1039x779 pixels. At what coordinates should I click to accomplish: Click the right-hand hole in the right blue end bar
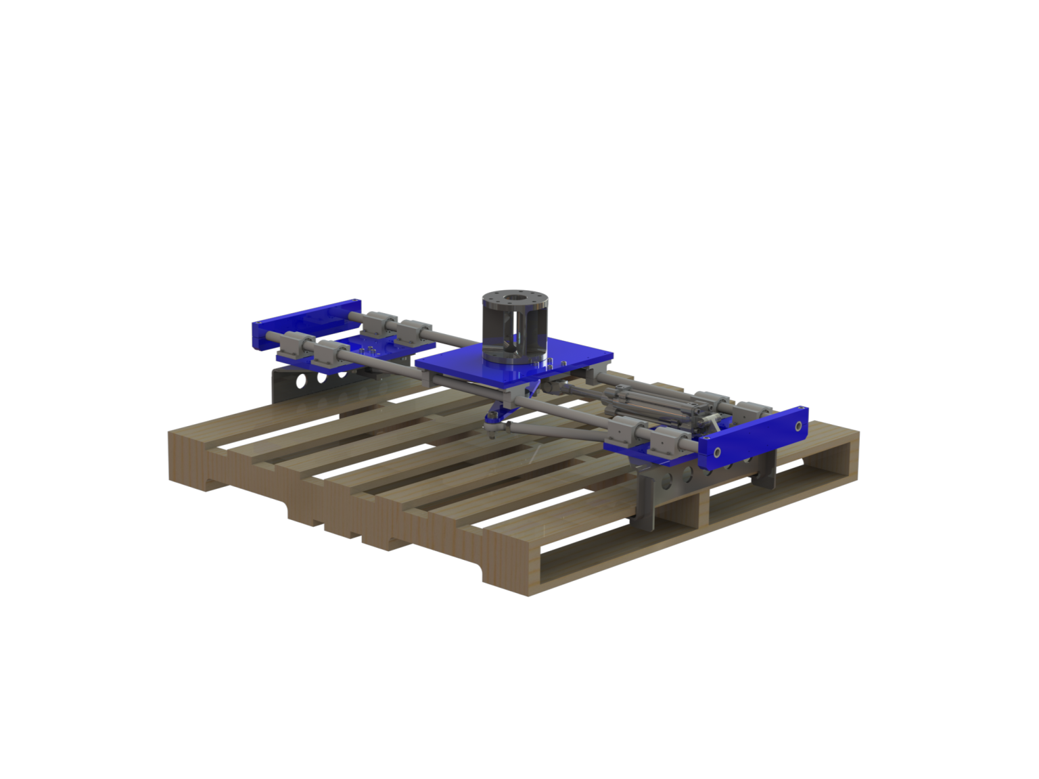click(798, 426)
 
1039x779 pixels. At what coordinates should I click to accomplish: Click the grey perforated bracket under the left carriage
click(304, 382)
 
